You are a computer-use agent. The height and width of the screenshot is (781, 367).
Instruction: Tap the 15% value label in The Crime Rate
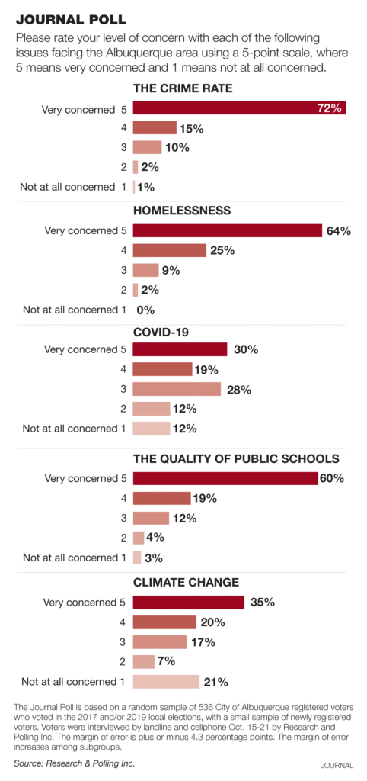[190, 128]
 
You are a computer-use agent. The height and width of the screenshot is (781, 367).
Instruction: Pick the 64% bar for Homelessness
[227, 230]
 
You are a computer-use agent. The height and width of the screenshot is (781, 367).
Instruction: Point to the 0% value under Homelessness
[145, 310]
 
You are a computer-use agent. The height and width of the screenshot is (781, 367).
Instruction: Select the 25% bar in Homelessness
[169, 250]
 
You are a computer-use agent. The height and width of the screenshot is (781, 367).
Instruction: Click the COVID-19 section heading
[160, 333]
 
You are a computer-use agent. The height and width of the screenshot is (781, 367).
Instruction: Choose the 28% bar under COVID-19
[177, 389]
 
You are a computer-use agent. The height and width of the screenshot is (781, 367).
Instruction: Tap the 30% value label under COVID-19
[245, 349]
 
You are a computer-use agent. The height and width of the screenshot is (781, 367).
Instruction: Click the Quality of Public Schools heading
[236, 459]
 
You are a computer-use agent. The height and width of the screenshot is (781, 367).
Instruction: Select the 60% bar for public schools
[225, 479]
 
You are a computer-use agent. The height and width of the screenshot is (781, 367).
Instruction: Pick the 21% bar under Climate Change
[166, 681]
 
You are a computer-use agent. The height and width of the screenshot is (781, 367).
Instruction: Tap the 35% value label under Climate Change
[262, 602]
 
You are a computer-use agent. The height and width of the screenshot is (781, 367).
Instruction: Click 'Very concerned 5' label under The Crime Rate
[84, 109]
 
